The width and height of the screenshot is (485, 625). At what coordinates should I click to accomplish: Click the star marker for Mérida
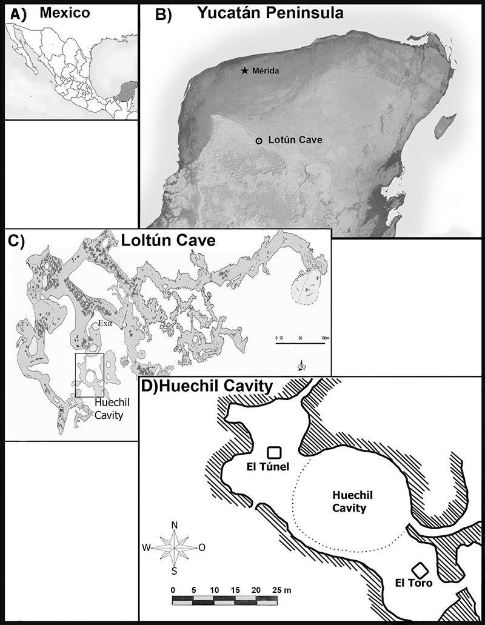[245, 71]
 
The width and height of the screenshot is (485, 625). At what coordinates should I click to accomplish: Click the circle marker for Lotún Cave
[259, 141]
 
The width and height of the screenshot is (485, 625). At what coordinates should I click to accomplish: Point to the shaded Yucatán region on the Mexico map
[125, 92]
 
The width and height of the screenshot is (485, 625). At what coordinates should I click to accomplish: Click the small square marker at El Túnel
[274, 452]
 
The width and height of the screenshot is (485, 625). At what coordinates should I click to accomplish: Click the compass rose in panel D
[175, 547]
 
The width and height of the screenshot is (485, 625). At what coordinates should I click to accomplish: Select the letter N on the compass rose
[175, 525]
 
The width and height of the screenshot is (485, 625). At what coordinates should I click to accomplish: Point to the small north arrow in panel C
[301, 366]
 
